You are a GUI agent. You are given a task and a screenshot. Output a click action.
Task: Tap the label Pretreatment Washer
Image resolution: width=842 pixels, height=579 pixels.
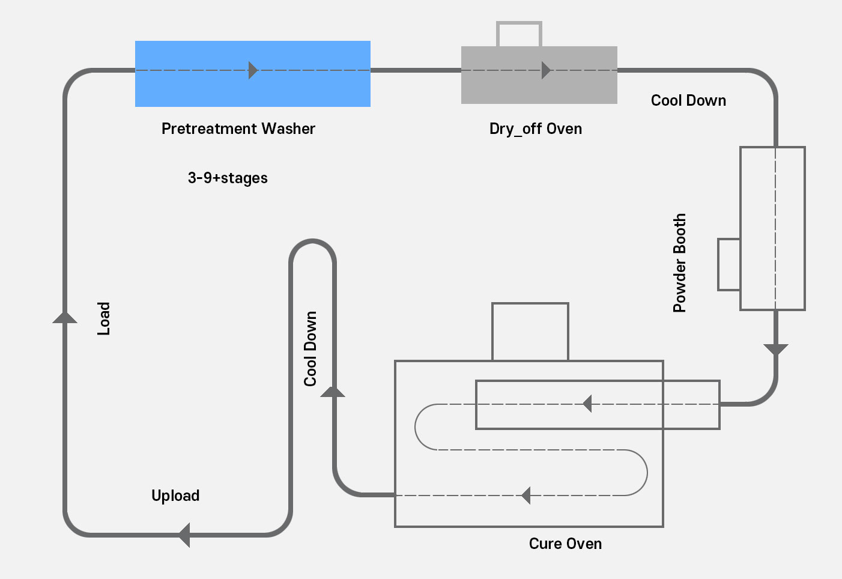[x=238, y=129]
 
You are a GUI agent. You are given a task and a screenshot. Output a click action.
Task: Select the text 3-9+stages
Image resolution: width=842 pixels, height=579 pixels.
[x=228, y=178]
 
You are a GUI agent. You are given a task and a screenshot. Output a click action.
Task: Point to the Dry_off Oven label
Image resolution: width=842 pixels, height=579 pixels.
[x=535, y=129]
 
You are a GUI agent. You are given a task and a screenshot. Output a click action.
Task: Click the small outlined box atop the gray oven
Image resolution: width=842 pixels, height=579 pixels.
[x=519, y=34]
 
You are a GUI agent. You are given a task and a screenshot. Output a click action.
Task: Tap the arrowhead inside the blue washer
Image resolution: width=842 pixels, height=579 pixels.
[x=253, y=70]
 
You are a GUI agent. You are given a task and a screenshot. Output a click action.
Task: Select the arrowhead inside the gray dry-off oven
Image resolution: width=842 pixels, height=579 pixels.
[x=546, y=70]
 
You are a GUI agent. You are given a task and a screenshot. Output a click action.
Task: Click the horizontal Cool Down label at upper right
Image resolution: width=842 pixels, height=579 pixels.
[x=688, y=100]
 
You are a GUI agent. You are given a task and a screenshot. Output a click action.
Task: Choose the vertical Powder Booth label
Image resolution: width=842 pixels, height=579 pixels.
[x=679, y=263]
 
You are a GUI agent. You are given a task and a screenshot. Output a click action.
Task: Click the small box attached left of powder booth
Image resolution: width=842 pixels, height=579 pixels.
[x=728, y=264]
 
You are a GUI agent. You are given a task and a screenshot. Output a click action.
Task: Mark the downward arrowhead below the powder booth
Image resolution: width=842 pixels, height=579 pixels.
[x=775, y=350]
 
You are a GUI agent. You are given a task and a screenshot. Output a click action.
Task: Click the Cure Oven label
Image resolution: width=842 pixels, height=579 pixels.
[x=565, y=544]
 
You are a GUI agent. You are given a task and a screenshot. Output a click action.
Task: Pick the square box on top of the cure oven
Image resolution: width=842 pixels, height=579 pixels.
[x=530, y=331]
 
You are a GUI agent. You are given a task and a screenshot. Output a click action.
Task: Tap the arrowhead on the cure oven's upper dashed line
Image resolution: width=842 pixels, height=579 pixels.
[x=587, y=404]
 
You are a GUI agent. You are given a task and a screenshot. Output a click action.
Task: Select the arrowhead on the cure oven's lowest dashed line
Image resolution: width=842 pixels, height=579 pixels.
[x=526, y=496]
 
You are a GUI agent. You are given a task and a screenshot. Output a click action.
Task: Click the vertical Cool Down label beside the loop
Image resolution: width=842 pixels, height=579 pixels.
[x=310, y=348]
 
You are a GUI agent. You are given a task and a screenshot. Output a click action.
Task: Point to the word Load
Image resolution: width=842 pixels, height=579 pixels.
[x=104, y=318]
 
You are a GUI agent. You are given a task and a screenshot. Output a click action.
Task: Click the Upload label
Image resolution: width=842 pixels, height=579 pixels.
[x=175, y=496]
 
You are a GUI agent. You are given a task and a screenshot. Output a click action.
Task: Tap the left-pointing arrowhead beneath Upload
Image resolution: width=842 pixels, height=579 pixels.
[x=184, y=535]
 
